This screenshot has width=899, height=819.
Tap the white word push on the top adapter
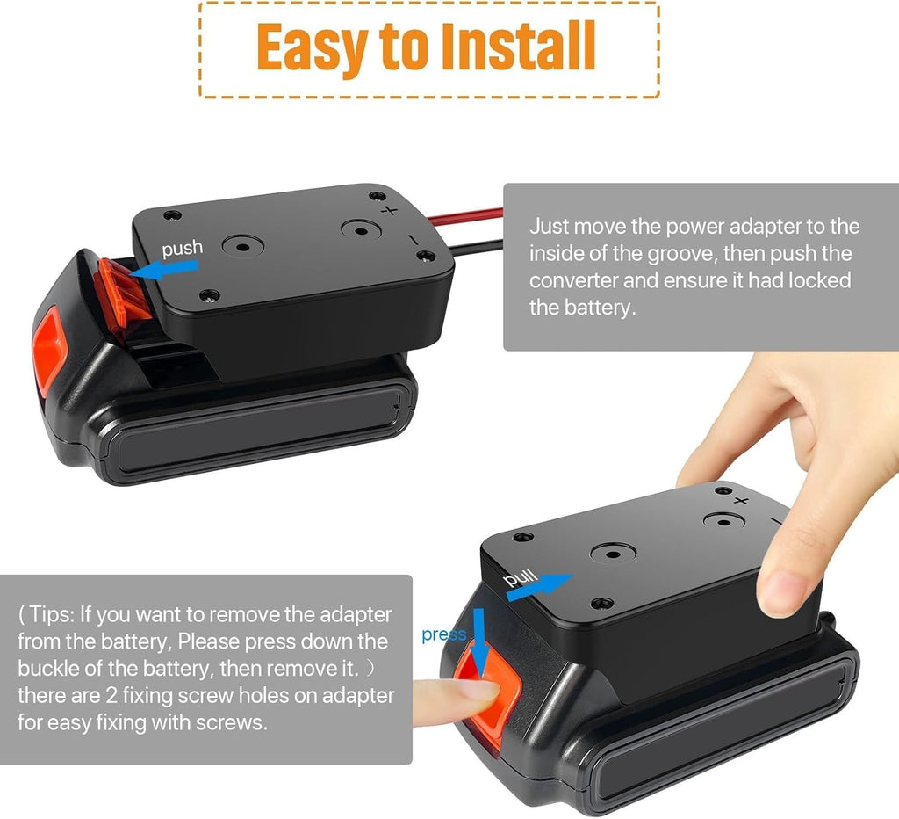[x=183, y=248]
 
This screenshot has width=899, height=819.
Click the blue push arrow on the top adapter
[x=164, y=270]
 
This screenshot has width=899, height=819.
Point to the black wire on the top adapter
[x=475, y=247]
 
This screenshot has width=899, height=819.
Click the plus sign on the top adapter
[x=389, y=211]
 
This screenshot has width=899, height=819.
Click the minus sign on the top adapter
[x=413, y=239]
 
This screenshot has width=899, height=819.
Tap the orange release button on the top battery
[x=49, y=350]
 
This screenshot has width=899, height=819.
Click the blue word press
[x=443, y=634]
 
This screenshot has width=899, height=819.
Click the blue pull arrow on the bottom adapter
[x=540, y=586]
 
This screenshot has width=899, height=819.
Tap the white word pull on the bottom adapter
[x=520, y=578]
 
